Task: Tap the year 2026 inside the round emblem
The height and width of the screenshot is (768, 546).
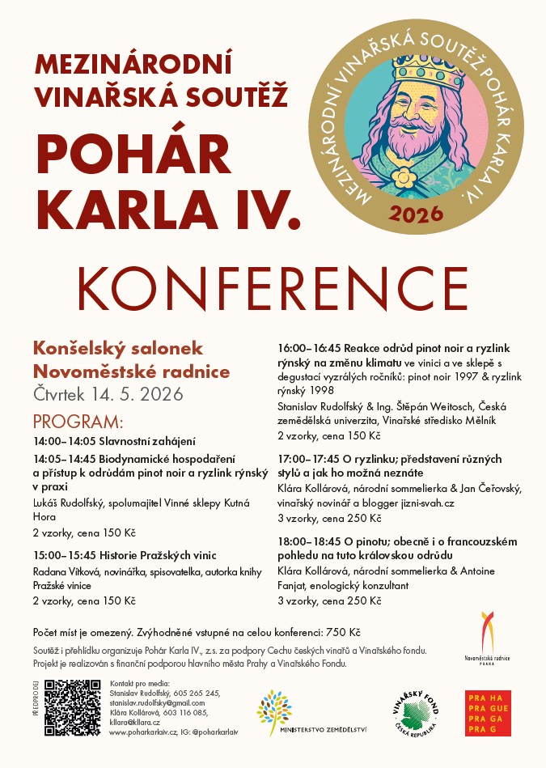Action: coord(416,214)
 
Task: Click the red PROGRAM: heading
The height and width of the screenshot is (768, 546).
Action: coord(78,422)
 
